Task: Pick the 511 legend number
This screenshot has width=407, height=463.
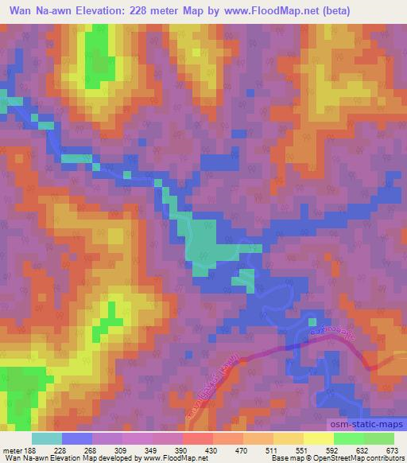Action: pos(273,451)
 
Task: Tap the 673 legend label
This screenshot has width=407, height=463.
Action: pos(393,451)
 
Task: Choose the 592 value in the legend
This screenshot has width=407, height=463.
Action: pos(333,451)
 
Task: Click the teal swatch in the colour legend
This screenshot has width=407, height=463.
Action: pos(46,438)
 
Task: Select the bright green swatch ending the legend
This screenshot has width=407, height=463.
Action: pos(379,438)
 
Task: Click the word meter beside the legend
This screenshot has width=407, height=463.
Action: pos(11,451)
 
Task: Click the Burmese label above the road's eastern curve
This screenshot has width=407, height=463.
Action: pos(328,329)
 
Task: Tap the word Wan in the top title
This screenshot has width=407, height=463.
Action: pos(15,9)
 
